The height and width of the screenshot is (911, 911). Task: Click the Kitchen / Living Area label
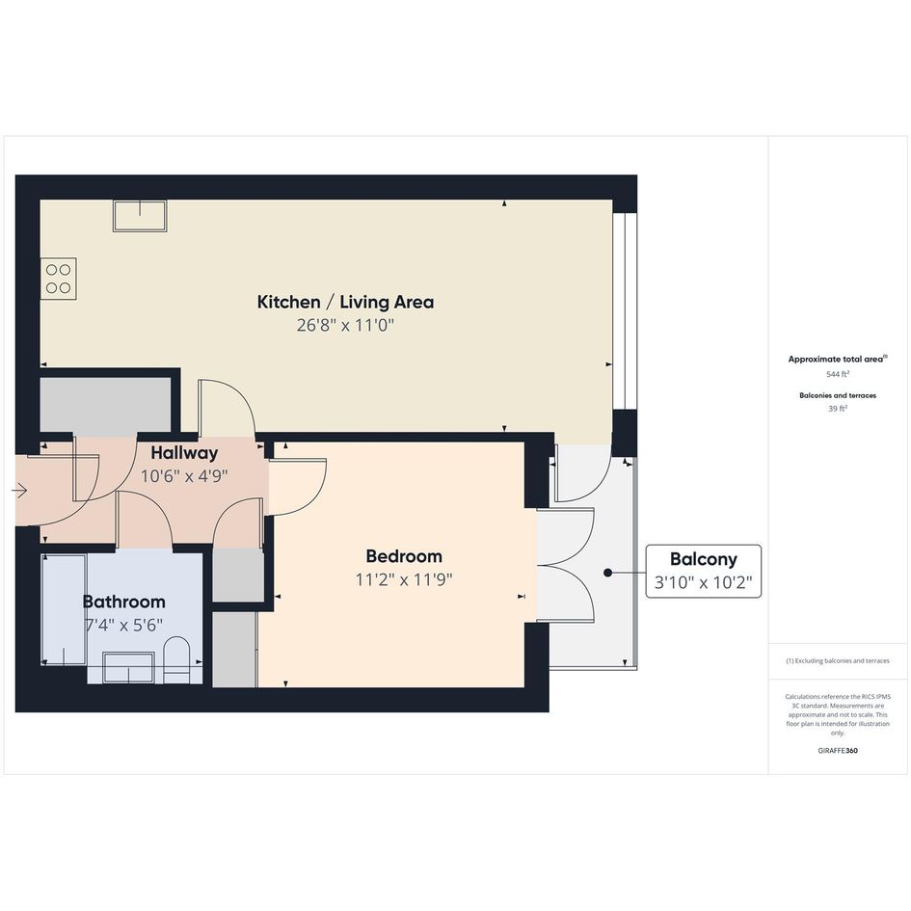click(345, 302)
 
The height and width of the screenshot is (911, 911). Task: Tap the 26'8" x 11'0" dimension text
click(345, 325)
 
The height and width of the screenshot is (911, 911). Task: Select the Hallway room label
click(184, 453)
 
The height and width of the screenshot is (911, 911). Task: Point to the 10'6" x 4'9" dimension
click(184, 476)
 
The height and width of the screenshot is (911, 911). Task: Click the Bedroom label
click(404, 556)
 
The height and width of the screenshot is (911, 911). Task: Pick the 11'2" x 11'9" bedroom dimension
click(404, 579)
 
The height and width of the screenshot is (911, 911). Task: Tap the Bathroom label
click(123, 602)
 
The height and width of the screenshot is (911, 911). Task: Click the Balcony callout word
click(703, 559)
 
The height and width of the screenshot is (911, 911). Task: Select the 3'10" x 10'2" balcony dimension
click(703, 582)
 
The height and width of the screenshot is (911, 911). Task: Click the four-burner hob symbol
click(59, 279)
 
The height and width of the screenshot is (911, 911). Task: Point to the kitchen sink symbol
click(140, 216)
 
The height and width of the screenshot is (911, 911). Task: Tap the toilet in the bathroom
click(177, 660)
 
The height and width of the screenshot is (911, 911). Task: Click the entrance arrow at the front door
click(19, 492)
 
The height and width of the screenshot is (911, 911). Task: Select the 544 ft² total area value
click(838, 374)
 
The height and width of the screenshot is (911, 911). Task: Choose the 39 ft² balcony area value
click(838, 409)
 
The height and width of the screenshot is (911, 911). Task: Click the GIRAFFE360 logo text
click(838, 751)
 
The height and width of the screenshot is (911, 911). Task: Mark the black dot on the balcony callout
click(607, 573)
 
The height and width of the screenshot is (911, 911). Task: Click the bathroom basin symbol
click(128, 667)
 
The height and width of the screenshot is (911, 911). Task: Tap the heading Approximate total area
click(836, 359)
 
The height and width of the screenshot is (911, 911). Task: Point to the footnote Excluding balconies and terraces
click(838, 660)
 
